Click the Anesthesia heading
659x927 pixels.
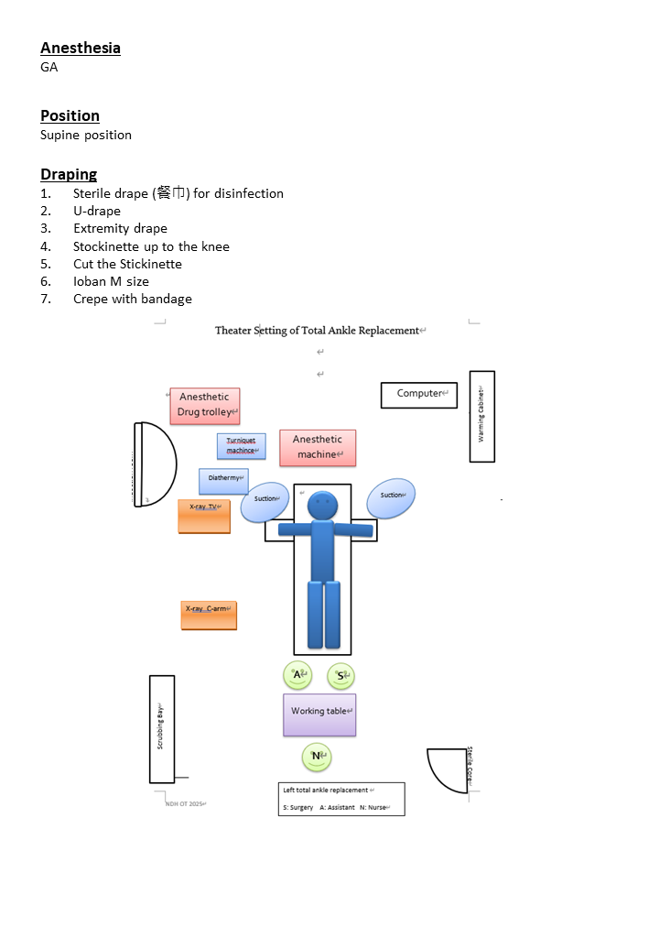point(81,48)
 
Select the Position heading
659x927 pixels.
point(70,115)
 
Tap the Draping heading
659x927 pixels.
point(69,174)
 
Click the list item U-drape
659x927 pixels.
point(97,211)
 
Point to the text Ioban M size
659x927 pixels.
point(111,281)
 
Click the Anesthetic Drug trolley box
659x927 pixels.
point(205,405)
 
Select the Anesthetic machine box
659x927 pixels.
point(318,447)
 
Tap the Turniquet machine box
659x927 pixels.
point(242,446)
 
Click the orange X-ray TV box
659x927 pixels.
point(204,516)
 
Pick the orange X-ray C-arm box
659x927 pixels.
point(209,615)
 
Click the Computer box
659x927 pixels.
point(419,395)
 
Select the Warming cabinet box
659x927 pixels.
point(482,416)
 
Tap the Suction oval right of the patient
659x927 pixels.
point(392,496)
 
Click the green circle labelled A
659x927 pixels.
point(297,676)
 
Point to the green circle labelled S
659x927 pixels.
point(340,677)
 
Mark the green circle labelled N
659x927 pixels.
point(316,757)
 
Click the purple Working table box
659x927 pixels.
point(319,714)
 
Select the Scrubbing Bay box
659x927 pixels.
point(162,728)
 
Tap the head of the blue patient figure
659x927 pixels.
point(322,506)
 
